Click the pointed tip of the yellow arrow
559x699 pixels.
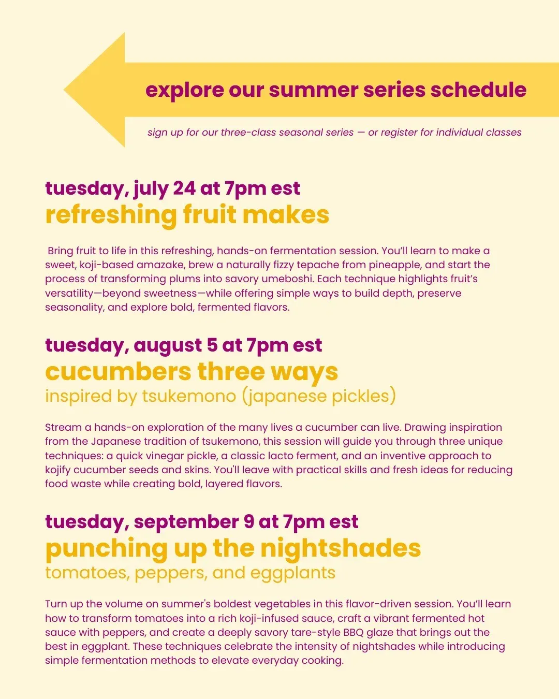pos(64,90)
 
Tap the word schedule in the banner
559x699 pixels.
pos(478,90)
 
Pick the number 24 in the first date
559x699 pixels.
pos(184,188)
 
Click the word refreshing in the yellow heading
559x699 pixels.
pos(111,215)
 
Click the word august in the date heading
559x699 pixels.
pos(168,345)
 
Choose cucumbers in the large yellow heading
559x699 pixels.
pos(118,372)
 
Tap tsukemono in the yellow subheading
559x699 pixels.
pos(189,396)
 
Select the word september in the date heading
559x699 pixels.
pos(186,522)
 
